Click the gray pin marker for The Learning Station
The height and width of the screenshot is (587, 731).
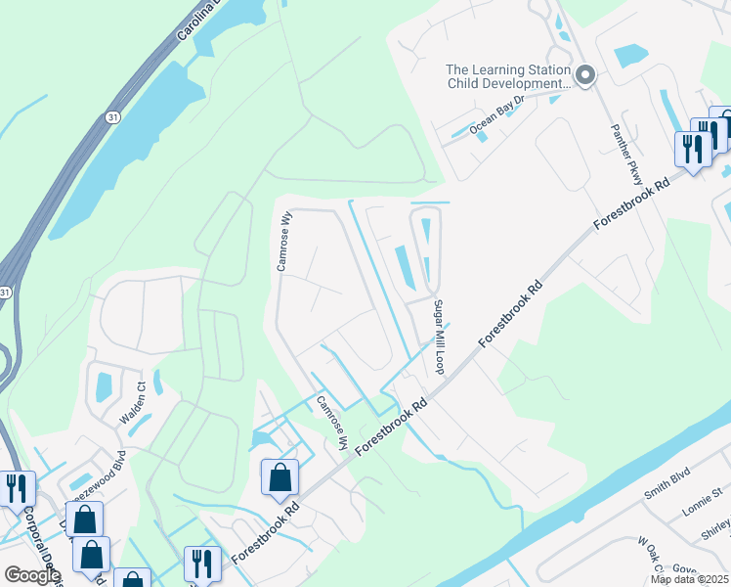coord(585,75)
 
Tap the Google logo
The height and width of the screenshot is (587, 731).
coord(31,574)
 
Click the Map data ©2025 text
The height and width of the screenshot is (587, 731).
coord(689,579)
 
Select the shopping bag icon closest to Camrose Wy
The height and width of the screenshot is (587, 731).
coord(280,478)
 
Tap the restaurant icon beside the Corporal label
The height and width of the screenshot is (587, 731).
coord(17,487)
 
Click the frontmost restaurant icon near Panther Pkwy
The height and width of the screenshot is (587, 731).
coord(693,149)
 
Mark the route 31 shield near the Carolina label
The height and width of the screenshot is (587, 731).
coord(113,116)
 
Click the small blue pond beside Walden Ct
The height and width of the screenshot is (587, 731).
coord(104,387)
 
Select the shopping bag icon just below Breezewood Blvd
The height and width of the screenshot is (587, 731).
coord(84,519)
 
